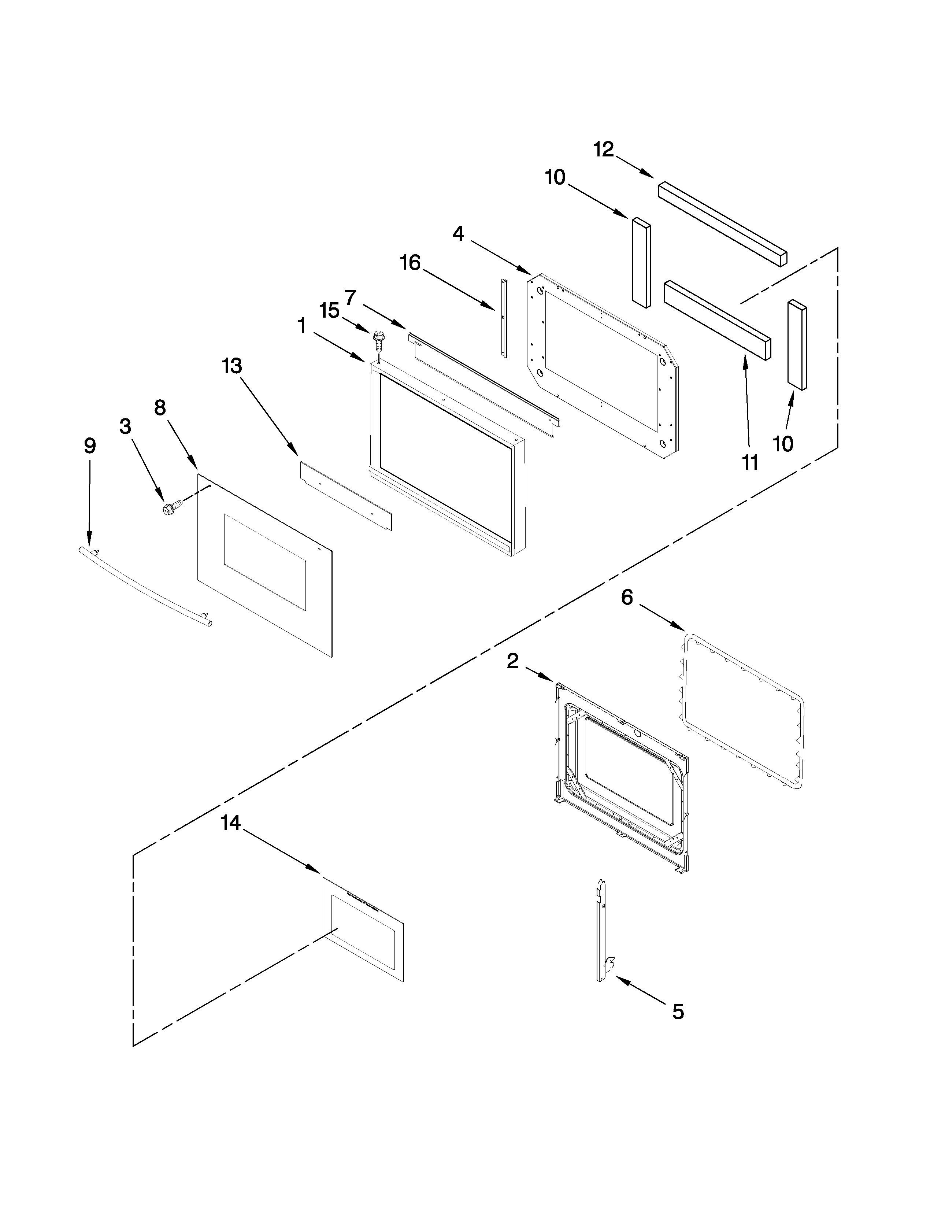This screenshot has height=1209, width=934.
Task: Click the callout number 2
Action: (x=513, y=661)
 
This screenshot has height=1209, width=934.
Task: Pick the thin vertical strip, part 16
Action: (x=504, y=318)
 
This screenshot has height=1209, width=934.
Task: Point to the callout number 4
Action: (x=458, y=234)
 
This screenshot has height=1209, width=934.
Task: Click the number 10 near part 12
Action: (x=555, y=177)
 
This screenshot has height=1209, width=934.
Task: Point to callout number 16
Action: (x=410, y=262)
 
